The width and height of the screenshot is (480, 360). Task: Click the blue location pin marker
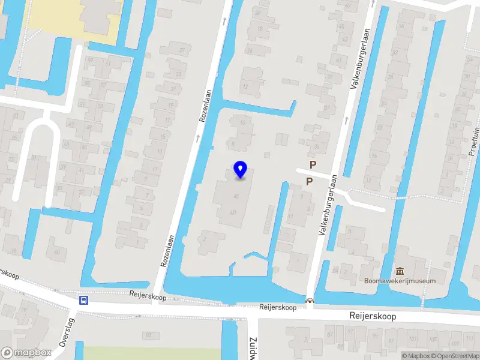[240, 170]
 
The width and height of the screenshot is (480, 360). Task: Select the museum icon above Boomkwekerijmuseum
[400, 272]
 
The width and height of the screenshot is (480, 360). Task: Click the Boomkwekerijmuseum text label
[400, 281]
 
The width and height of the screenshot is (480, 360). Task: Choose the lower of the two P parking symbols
[309, 181]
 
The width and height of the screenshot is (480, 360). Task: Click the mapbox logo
[26, 353]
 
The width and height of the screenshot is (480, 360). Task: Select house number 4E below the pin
[236, 196]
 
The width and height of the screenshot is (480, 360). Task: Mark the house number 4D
[233, 212]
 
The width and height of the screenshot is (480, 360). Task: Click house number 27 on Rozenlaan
[182, 50]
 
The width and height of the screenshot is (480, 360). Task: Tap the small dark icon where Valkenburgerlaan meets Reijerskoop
[310, 301]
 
